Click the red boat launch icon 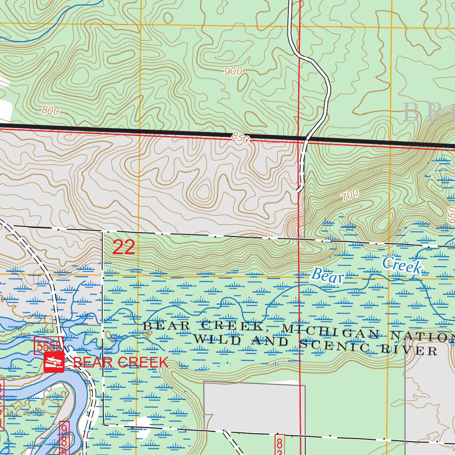[54, 363]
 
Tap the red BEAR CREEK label [121, 362]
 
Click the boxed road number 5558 [49, 346]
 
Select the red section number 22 [123, 247]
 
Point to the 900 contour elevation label [233, 71]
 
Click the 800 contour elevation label [50, 111]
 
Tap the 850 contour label [240, 138]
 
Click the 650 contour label [451, 217]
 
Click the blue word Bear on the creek [328, 275]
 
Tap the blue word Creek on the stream [402, 265]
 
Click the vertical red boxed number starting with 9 [64, 438]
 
